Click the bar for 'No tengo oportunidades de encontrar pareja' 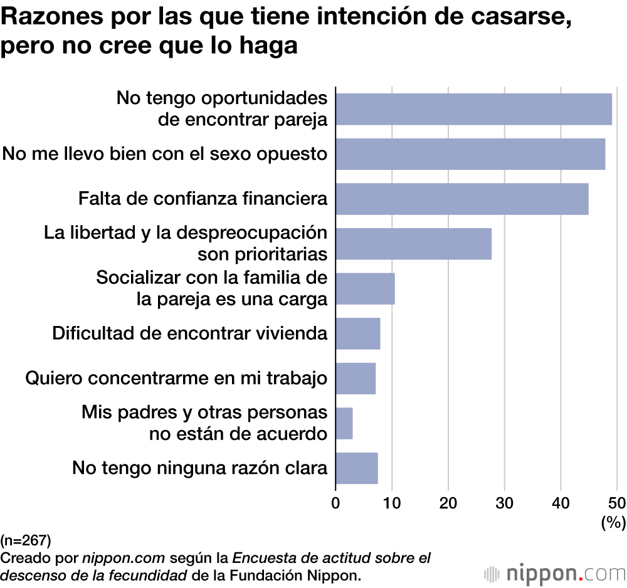coord(473,109)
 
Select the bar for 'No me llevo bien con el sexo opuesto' coord(470,154)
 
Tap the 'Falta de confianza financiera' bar coord(462,199)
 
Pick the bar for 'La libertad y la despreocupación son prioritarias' coord(414,244)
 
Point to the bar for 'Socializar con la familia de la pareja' coord(365,288)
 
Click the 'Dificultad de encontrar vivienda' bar coord(358,333)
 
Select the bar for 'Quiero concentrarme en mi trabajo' coord(356,379)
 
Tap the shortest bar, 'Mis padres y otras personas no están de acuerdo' coord(344,423)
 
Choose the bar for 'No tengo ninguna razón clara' coord(357,468)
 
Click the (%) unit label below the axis coord(613,522)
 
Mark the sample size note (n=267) coord(26,540)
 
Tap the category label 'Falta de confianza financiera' coord(203,199)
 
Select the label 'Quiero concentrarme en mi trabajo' coord(176,379)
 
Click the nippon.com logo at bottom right coord(555,573)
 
